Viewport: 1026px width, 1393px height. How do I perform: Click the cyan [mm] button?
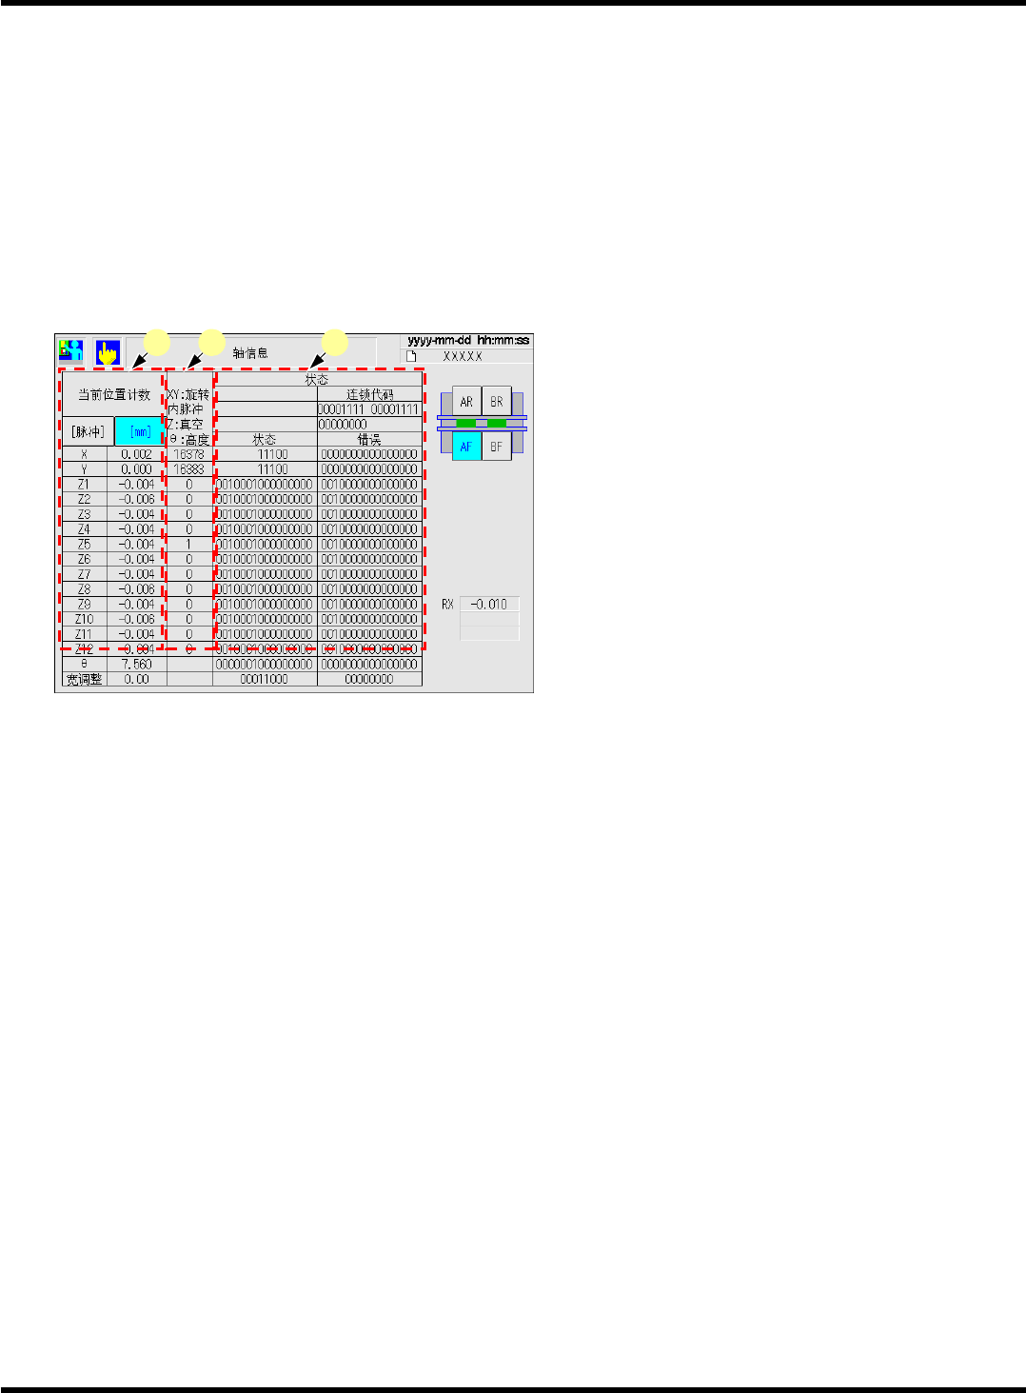click(139, 431)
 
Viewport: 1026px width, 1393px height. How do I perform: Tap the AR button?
click(466, 402)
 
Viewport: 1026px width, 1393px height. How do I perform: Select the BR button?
click(497, 402)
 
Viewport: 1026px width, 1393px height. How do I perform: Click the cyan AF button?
click(466, 446)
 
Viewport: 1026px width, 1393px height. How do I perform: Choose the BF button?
click(497, 446)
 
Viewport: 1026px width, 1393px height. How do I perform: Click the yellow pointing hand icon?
click(108, 352)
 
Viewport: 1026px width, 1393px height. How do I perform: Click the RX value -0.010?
click(490, 605)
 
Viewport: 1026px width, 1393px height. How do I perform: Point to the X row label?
click(84, 455)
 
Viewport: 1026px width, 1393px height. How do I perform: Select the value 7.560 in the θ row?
click(136, 665)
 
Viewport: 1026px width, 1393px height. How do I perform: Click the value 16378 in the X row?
click(188, 455)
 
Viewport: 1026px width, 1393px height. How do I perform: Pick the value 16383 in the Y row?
click(188, 469)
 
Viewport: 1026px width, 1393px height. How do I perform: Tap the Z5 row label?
click(84, 545)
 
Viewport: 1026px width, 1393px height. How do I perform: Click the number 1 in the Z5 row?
click(188, 545)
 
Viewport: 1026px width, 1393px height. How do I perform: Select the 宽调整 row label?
click(84, 680)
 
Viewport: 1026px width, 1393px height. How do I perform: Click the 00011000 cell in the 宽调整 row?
click(265, 680)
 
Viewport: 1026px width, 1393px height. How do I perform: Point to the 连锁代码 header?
click(369, 394)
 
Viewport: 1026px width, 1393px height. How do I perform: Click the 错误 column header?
click(369, 440)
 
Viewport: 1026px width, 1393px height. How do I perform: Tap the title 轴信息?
click(250, 353)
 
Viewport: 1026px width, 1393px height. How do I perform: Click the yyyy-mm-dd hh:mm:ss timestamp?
click(468, 340)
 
